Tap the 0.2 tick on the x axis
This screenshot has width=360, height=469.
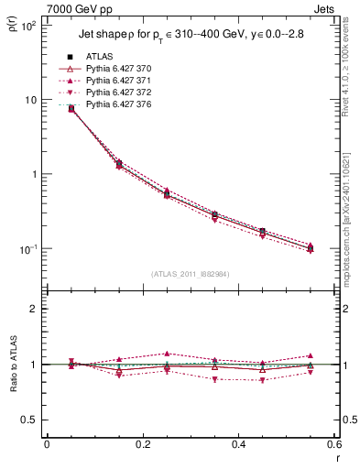(x=142, y=444)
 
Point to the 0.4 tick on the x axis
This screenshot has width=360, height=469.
(x=238, y=444)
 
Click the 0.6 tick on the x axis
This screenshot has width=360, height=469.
(x=333, y=444)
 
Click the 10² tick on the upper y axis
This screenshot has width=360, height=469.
(x=28, y=26)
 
